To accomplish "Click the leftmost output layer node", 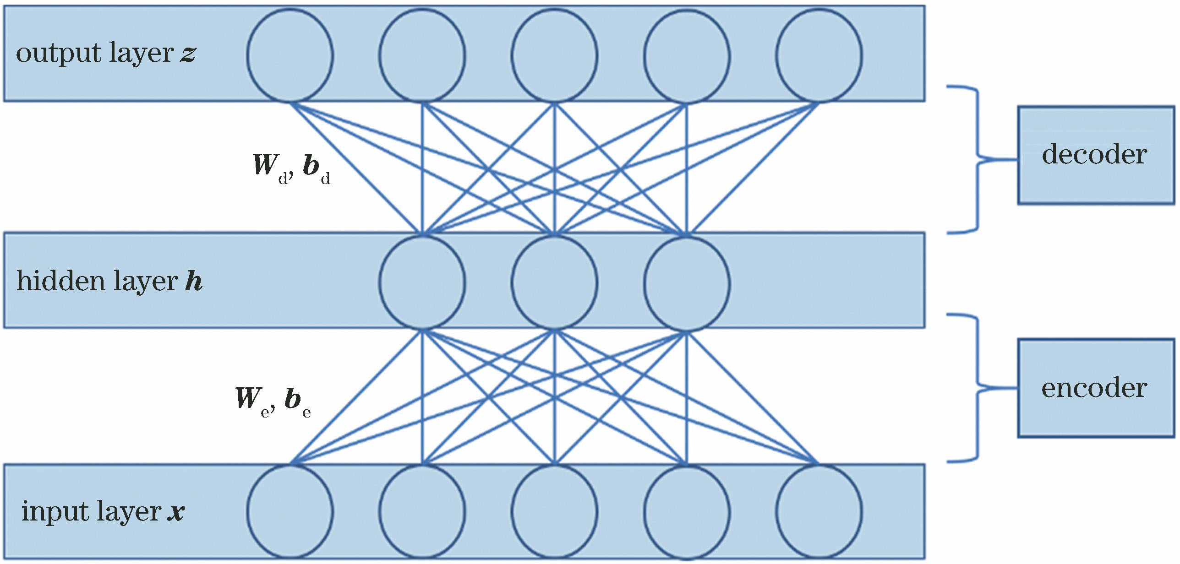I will [290, 55].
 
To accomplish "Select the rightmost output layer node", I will [819, 55].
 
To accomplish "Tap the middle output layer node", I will [554, 55].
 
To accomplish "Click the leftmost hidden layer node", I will [422, 282].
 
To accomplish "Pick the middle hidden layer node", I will [554, 282].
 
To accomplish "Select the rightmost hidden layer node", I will [687, 282].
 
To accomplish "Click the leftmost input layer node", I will [290, 511].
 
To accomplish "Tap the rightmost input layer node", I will [819, 511].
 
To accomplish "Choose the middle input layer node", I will [554, 511].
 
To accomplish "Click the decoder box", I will [1095, 155].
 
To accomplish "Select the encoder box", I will [1095, 388].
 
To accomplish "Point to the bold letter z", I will [188, 54].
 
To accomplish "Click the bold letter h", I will [194, 281].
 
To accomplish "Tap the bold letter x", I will [176, 512].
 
